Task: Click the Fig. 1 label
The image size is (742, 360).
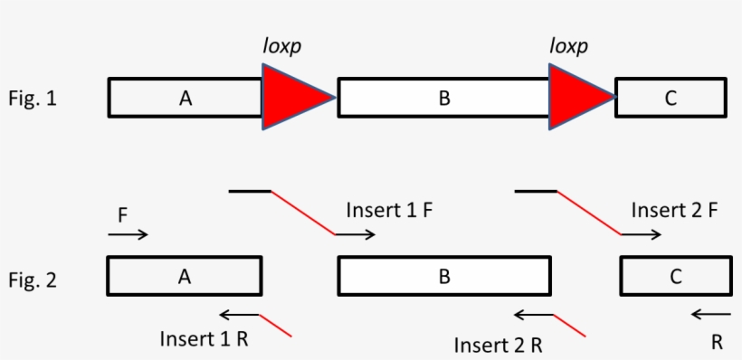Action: (32, 99)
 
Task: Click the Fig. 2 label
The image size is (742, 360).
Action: (32, 279)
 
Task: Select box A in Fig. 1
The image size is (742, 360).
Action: (185, 98)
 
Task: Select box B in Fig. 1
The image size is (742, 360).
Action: (443, 98)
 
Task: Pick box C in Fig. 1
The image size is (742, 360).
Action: (670, 98)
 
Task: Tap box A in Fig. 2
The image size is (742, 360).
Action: (185, 277)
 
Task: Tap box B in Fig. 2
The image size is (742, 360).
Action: (443, 277)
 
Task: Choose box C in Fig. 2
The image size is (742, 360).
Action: (675, 277)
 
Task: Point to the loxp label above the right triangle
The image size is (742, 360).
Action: (569, 44)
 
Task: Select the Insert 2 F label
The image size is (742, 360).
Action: (674, 210)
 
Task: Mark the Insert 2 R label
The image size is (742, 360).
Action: (498, 344)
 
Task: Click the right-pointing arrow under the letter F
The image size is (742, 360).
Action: (128, 235)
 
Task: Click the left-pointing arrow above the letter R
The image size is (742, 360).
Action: (710, 315)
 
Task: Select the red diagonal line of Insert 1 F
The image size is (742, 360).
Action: (303, 213)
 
